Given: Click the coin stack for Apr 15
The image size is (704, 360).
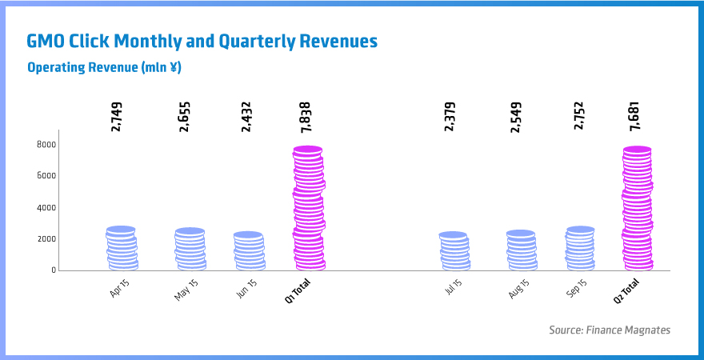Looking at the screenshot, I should pos(122,249).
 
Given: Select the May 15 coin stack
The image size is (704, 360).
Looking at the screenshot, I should pos(190,250).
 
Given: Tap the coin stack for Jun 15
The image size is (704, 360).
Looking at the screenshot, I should pos(249,251).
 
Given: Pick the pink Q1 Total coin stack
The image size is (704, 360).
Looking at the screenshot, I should pos(308,209).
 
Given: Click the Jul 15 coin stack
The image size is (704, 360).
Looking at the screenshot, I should pos(454,251).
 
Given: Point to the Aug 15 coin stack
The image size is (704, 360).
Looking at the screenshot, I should pos(522,250).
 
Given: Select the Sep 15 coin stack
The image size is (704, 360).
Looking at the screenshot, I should pos(580,249).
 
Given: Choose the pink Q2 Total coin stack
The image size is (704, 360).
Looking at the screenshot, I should pos(638,209).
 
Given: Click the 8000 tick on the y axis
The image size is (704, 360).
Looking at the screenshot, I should pos(46,144).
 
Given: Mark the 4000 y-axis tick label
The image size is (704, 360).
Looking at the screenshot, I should pos(46,207).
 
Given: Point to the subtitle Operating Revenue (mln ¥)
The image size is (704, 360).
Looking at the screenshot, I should pos(104,67).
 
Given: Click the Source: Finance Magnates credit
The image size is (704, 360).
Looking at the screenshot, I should pos(609,330).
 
